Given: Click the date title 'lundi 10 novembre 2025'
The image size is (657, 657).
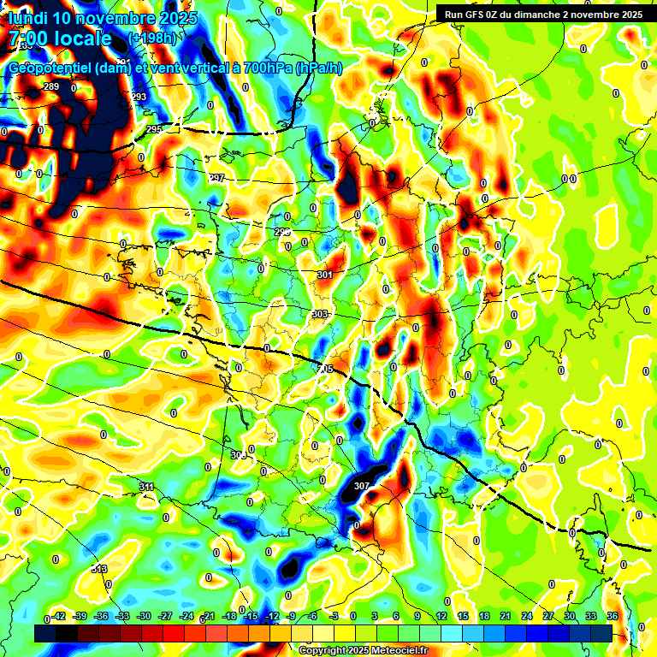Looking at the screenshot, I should click(x=103, y=18).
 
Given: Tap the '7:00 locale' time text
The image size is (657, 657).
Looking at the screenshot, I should click(x=60, y=38).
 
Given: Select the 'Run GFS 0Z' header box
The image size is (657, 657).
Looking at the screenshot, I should click(x=541, y=15).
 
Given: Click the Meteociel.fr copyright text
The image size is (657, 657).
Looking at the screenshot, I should click(x=363, y=650).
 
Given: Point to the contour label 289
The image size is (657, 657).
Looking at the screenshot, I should click(x=51, y=87).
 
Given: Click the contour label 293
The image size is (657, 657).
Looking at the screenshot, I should click(x=139, y=98).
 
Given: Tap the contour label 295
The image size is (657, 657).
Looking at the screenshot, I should click(x=154, y=129).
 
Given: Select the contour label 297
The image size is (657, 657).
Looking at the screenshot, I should click(x=216, y=178).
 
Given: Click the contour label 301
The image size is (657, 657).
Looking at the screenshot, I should click(x=324, y=275).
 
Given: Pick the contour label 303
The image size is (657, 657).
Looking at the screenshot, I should click(x=319, y=315).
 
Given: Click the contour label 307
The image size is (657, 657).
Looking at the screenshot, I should click(x=361, y=486).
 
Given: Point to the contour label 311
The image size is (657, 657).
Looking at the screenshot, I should click(x=147, y=487).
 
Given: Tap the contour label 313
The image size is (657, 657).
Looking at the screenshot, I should click(x=99, y=569).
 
